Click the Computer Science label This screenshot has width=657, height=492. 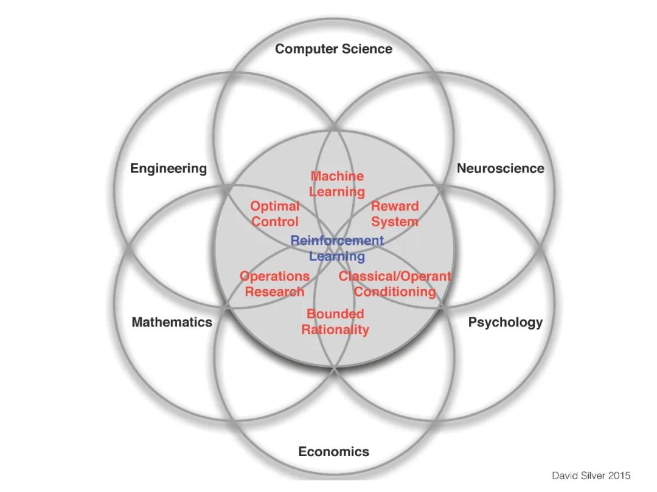tap(333, 49)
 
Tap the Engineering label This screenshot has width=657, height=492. tap(169, 168)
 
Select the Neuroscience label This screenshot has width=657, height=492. tap(501, 168)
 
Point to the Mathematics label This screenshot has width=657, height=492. tap(172, 322)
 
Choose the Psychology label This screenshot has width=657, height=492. tap(505, 322)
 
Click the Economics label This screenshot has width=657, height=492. tap(333, 451)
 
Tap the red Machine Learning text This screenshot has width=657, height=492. tap(337, 184)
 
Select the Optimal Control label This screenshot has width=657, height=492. tap(275, 214)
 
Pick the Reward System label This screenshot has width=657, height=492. tap(395, 214)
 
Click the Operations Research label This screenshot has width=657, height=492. tap(274, 284)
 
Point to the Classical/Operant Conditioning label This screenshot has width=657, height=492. tap(395, 284)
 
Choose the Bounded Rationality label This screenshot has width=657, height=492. tap(335, 322)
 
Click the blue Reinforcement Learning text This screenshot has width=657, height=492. tap(337, 248)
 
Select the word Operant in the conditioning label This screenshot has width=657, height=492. tap(427, 276)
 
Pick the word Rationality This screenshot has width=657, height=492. tap(335, 330)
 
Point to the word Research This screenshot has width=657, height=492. tap(274, 292)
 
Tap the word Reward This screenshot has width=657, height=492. tap(395, 207)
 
